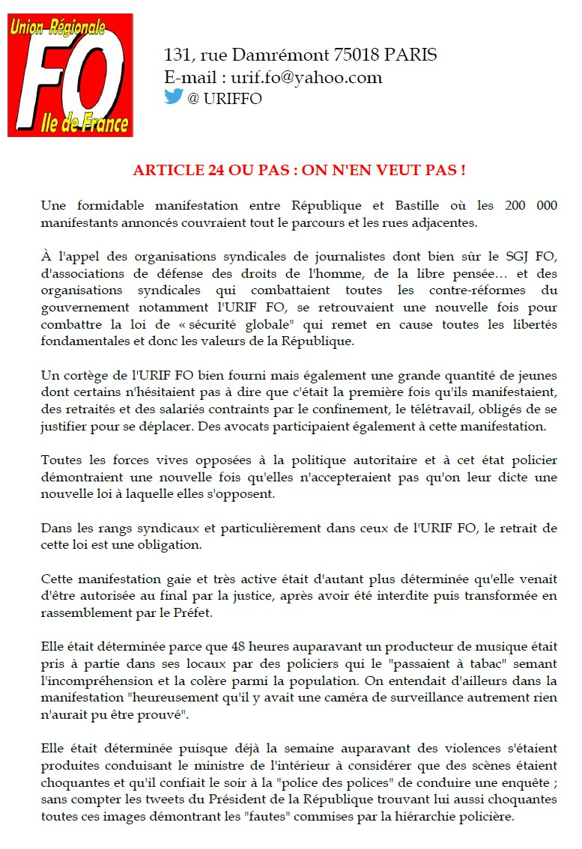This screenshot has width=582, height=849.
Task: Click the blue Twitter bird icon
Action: click(174, 97)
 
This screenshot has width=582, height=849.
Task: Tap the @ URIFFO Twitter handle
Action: click(225, 99)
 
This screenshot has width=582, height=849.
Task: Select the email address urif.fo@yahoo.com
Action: click(306, 77)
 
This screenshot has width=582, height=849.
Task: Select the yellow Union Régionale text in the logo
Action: click(57, 28)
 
